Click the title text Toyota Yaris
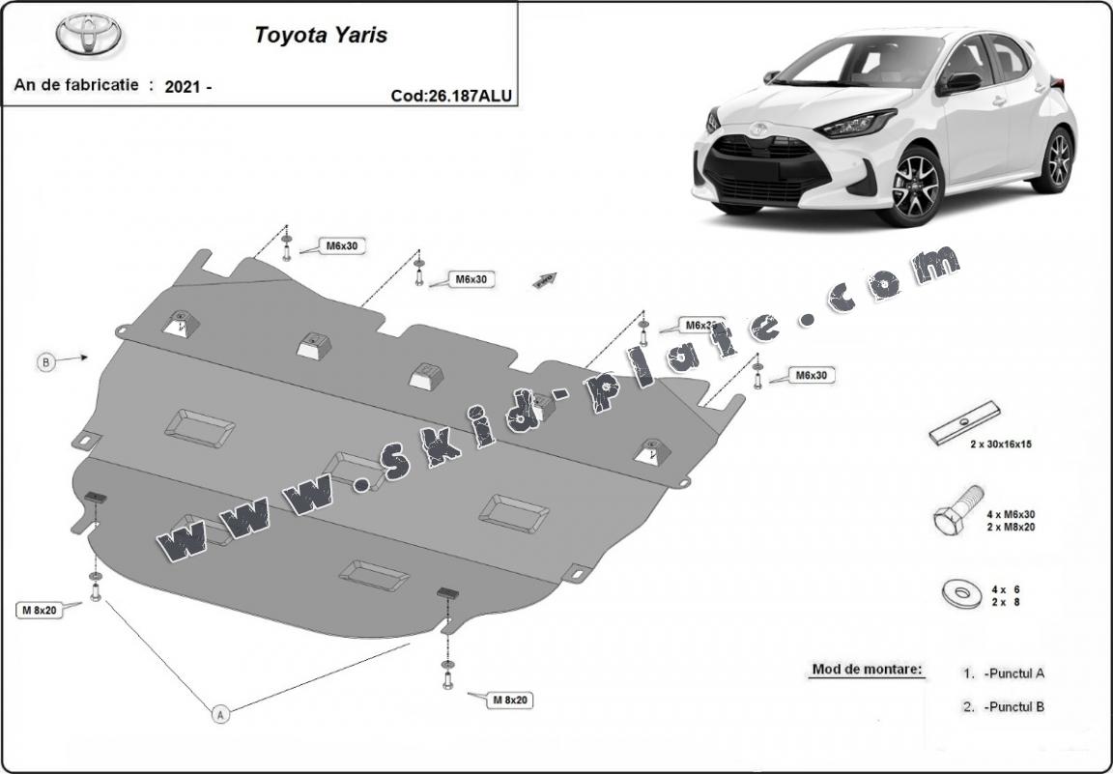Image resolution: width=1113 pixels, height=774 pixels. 321,35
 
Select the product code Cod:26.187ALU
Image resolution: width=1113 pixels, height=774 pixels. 451,95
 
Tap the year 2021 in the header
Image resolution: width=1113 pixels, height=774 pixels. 184,86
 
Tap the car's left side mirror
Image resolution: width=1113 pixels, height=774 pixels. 962,83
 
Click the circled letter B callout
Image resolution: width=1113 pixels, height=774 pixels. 45,363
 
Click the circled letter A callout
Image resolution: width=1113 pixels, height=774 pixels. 220,715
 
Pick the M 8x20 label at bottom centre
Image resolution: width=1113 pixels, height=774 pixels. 508,700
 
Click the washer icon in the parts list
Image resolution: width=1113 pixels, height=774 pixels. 956,592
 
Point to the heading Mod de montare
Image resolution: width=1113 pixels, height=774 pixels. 867,669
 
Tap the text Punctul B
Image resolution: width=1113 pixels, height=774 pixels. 1013,706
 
